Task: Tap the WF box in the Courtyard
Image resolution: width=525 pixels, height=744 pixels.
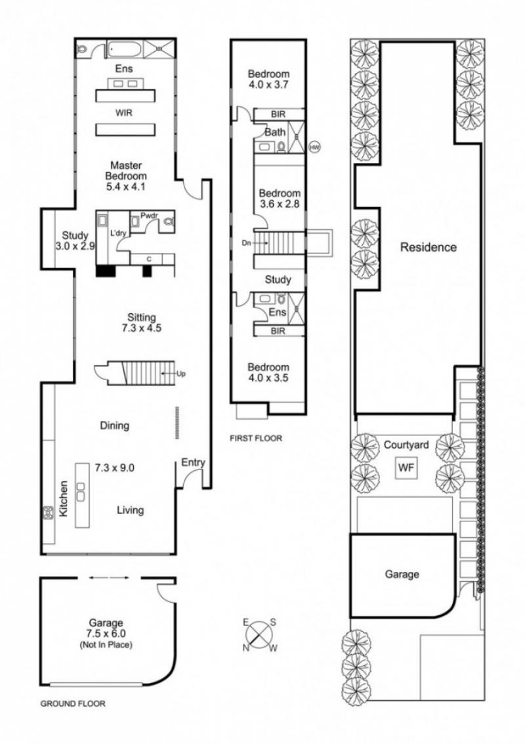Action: pyautogui.click(x=406, y=468)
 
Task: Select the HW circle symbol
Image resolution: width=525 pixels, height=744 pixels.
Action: pyautogui.click(x=314, y=148)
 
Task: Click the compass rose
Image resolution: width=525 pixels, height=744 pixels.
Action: pyautogui.click(x=260, y=635)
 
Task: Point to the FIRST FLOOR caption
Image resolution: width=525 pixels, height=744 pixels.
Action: pyautogui.click(x=256, y=439)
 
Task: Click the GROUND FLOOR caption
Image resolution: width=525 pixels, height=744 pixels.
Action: pyautogui.click(x=73, y=704)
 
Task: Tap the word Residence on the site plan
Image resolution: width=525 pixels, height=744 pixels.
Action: pyautogui.click(x=429, y=247)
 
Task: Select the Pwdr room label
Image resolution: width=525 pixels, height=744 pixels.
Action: pyautogui.click(x=149, y=215)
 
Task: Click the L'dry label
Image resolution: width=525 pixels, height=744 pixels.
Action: pyautogui.click(x=118, y=234)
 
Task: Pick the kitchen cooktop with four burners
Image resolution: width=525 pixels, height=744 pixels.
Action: pyautogui.click(x=49, y=513)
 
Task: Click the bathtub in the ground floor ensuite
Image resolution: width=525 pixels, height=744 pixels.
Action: pyautogui.click(x=124, y=49)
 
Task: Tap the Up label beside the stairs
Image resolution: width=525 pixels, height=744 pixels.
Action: pyautogui.click(x=180, y=374)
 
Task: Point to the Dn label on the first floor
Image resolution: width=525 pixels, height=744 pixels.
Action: pyautogui.click(x=246, y=243)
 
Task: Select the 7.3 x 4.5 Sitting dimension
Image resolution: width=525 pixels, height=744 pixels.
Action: pyautogui.click(x=141, y=328)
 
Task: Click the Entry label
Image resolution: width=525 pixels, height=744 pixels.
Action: pyautogui.click(x=193, y=462)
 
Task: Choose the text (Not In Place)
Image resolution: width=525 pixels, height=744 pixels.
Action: pyautogui.click(x=106, y=645)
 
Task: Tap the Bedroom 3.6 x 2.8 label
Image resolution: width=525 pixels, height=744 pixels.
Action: pyautogui.click(x=280, y=199)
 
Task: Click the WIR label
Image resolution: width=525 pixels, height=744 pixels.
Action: pyautogui.click(x=124, y=113)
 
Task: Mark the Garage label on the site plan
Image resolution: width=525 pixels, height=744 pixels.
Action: pyautogui.click(x=402, y=575)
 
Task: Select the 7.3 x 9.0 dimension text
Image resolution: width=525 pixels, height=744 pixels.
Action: pyautogui.click(x=114, y=468)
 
